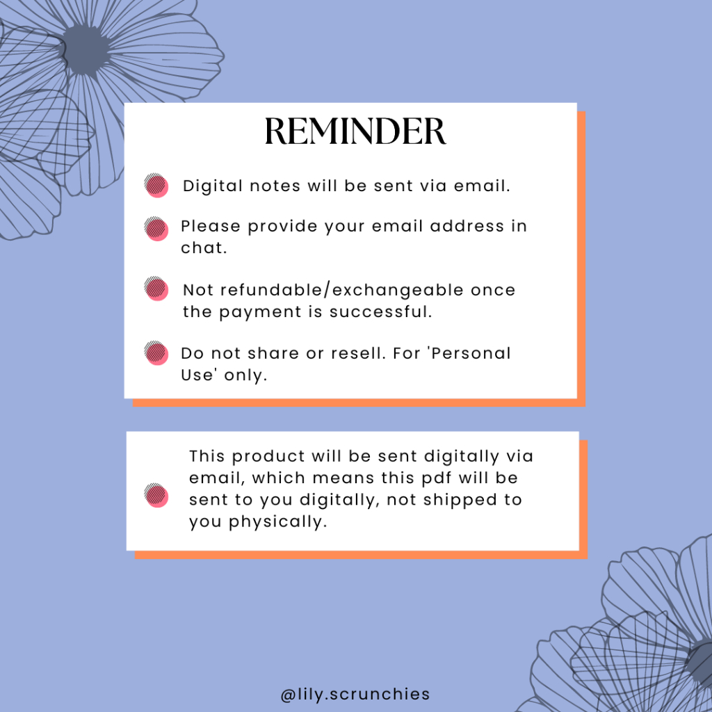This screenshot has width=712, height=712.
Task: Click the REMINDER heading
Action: [x=355, y=131]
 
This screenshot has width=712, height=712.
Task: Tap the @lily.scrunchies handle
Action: [x=355, y=695]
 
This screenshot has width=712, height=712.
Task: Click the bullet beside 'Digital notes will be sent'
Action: [x=156, y=185]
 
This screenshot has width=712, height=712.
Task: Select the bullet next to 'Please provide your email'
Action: [x=156, y=228]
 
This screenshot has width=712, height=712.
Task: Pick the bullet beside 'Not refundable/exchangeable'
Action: [x=156, y=289]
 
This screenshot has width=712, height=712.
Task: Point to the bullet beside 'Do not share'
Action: [x=156, y=353]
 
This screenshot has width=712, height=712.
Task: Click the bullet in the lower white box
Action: [x=156, y=495]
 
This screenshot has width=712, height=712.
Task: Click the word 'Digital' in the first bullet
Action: [x=213, y=186]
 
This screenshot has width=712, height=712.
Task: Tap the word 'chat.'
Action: [x=204, y=248]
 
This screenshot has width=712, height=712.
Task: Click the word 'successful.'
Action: [x=380, y=311]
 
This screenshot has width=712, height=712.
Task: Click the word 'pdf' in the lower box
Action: [x=437, y=478]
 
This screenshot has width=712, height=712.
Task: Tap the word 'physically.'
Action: [x=277, y=522]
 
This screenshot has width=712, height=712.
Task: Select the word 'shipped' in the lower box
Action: [x=460, y=501]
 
